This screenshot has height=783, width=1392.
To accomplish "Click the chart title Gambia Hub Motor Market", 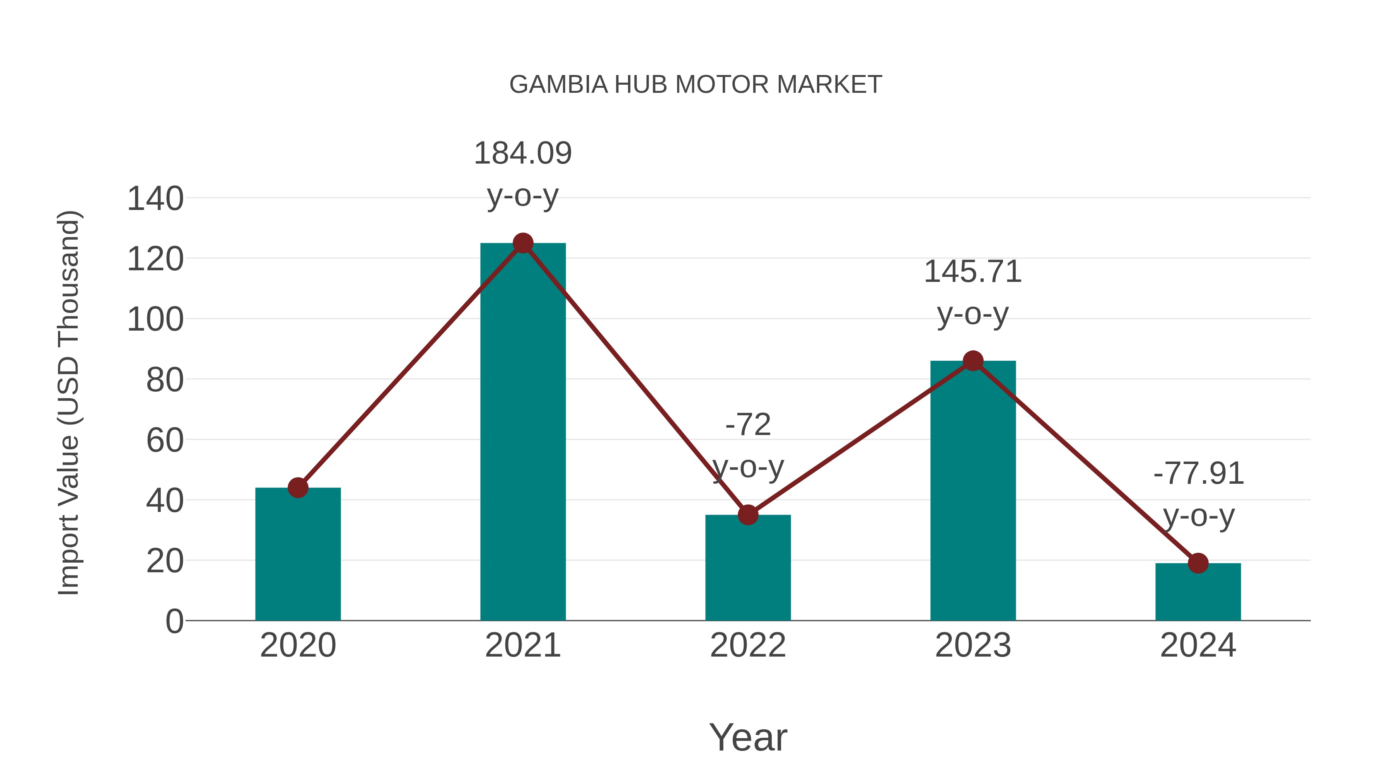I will point(696,85).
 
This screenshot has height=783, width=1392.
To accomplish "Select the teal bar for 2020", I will point(298,556).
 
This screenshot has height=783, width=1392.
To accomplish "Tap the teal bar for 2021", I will point(522,432).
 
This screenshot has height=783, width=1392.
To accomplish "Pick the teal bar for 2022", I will point(748,570).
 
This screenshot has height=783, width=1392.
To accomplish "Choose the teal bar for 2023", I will point(973,492).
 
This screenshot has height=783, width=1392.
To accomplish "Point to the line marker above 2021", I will point(522,243).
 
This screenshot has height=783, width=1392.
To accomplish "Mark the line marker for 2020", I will point(298,488).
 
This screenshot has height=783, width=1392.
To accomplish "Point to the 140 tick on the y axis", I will point(155,199).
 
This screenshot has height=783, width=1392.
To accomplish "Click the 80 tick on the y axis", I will point(165,380).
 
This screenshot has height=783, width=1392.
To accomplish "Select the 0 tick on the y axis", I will point(174,621).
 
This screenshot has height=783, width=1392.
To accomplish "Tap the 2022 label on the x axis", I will point(748,646).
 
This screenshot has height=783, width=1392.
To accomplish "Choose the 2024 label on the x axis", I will point(1198,646).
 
